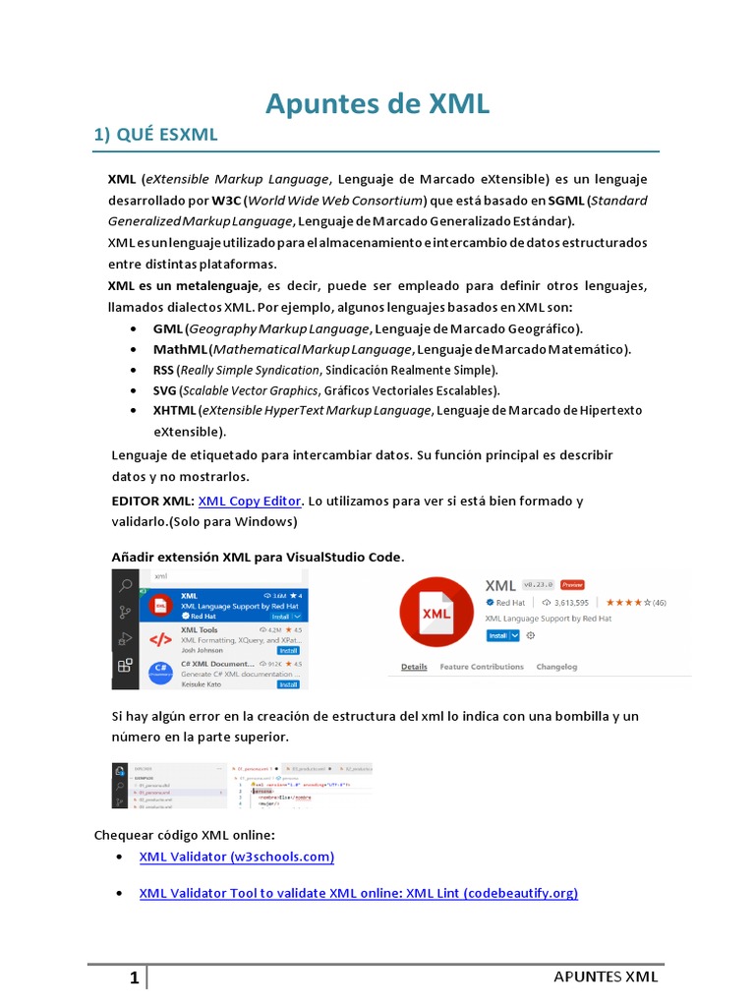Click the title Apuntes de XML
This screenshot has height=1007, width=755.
tap(377, 104)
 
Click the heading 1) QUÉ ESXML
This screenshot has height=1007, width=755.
tap(155, 136)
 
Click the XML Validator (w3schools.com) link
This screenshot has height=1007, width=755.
tap(237, 857)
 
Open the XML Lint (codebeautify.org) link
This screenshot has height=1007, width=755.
tap(358, 893)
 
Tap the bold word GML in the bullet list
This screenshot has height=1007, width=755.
tap(167, 328)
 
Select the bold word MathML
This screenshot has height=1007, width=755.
tap(179, 349)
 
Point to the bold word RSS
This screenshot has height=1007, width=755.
tap(164, 370)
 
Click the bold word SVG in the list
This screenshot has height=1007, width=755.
tap(164, 389)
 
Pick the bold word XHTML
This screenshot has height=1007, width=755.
tap(174, 410)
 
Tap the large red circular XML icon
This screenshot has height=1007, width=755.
tap(436, 615)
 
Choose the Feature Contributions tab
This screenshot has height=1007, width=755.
tap(482, 667)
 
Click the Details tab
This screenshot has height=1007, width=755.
tap(414, 667)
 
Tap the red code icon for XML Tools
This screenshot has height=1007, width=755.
tap(159, 640)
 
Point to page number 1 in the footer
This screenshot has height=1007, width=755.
tap(135, 977)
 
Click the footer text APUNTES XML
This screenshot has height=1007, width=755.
tap(606, 977)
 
